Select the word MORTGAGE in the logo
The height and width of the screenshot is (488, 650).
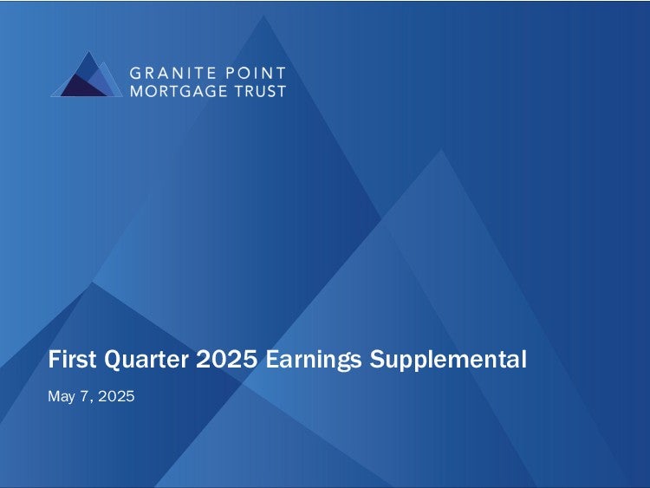click(x=179, y=91)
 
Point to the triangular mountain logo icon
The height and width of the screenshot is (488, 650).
click(x=87, y=75)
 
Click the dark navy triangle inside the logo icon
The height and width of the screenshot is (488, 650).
click(x=81, y=88)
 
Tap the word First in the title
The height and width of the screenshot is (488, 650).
click(x=72, y=359)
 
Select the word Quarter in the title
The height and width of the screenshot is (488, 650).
click(x=146, y=360)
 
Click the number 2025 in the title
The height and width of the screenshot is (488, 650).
click(x=227, y=359)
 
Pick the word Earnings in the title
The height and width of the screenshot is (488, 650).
click(x=314, y=360)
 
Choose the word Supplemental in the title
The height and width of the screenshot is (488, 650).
click(x=448, y=360)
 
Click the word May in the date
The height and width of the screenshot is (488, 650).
click(x=62, y=397)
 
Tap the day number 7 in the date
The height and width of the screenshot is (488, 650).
click(x=84, y=396)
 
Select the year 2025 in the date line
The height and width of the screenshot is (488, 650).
click(x=116, y=396)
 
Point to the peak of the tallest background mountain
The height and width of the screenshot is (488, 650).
click(x=263, y=16)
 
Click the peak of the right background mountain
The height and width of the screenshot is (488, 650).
click(x=441, y=149)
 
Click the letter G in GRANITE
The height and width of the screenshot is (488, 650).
click(x=136, y=74)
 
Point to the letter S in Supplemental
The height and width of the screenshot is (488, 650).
click(x=376, y=359)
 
